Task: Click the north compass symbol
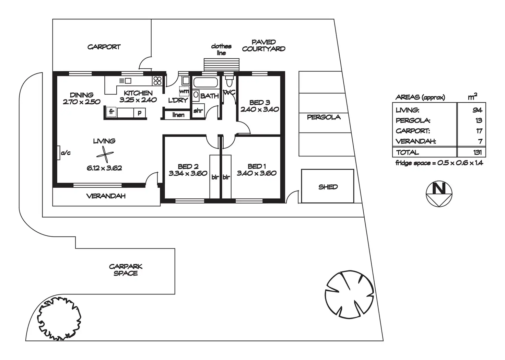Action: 439,194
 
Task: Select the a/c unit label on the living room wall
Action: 65,153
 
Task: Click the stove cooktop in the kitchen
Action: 157,81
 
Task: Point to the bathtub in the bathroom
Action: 205,82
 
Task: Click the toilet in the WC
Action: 230,82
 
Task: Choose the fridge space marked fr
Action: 111,112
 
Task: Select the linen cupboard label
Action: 178,115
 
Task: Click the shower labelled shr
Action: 198,111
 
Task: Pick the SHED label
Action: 328,187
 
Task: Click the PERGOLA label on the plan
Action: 324,117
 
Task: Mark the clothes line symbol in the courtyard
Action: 221,64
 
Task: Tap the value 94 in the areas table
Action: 477,110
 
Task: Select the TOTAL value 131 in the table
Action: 477,152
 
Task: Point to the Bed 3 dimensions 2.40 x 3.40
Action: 259,110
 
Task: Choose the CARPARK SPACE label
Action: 126,270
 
